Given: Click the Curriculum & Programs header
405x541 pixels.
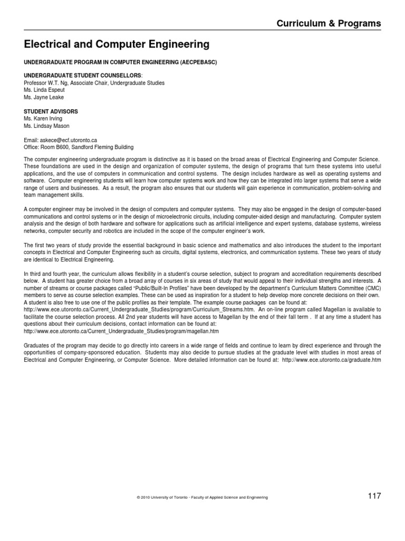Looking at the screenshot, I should pos(329,23).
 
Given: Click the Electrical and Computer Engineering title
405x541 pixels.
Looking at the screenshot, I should pos(117,44).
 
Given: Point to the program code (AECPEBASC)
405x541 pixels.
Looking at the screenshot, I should pos(196,62).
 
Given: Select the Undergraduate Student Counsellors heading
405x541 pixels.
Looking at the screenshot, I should pos(83,76).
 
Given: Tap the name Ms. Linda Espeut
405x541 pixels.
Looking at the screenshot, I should pos(44,90).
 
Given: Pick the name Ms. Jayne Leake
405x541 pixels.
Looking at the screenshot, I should pos(44,97).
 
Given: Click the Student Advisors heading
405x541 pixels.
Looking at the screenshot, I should pos(51,111).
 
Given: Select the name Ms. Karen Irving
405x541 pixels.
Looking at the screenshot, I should pos(43,119).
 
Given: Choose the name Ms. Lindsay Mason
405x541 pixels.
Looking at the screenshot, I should pos(46,126).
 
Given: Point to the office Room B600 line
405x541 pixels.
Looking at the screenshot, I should pos(79,147).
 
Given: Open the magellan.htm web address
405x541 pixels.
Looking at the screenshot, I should pos(121,331).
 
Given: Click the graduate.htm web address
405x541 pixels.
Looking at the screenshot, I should pos(332,360).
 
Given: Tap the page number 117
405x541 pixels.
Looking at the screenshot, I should pos(374,496).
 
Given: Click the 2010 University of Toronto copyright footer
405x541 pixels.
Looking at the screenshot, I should pos(202,497).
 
